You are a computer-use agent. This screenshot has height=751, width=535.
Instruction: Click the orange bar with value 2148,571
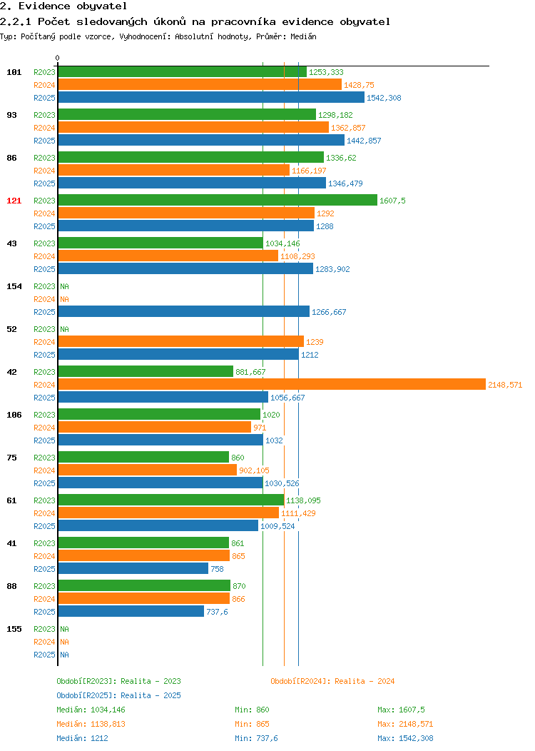tap(272, 384)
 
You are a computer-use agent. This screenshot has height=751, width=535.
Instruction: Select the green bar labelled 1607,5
tap(218, 200)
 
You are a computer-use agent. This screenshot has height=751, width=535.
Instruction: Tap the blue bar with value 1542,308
tap(211, 97)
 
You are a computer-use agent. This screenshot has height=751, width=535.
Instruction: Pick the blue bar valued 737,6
tap(131, 611)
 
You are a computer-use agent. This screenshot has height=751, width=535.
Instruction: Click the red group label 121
tap(14, 201)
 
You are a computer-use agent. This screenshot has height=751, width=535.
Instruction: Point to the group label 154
tap(14, 286)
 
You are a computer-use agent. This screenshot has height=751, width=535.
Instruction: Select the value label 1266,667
tap(329, 312)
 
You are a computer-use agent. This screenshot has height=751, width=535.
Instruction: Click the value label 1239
tap(315, 342)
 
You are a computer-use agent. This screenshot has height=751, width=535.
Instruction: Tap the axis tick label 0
tap(58, 58)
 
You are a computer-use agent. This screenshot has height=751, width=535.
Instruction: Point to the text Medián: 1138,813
tap(91, 724)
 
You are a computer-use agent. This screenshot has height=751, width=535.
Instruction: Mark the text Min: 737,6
tap(256, 738)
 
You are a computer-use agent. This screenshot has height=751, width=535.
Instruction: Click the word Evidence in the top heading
tap(45, 6)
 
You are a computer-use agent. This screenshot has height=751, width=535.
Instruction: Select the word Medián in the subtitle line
tap(303, 36)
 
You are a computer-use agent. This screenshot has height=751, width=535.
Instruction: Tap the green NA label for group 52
tap(65, 329)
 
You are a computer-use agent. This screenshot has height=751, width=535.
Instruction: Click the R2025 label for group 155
tap(44, 655)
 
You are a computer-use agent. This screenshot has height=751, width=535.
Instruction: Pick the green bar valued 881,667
tap(146, 371)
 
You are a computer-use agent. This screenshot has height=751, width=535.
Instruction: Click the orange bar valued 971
tap(155, 427)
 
